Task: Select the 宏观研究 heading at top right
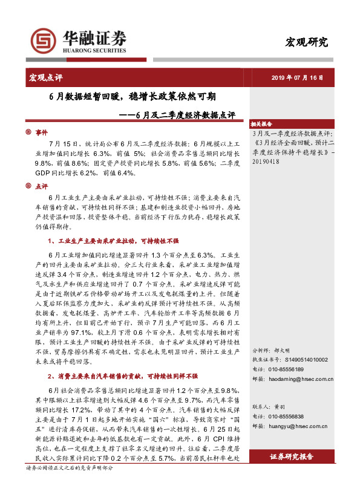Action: [307, 42]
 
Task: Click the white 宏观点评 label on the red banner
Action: [45, 77]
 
